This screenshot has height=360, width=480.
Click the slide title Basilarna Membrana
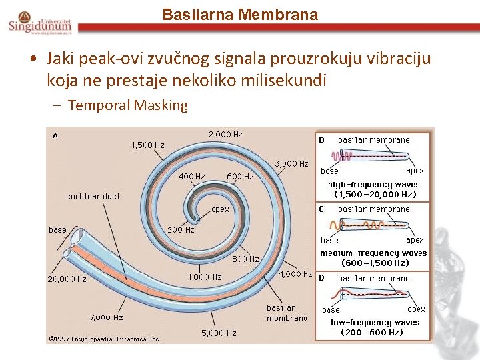tap(240, 14)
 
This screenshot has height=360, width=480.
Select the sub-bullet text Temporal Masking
tap(128, 105)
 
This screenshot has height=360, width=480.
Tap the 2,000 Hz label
tap(225, 135)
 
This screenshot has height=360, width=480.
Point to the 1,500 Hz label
tap(148, 145)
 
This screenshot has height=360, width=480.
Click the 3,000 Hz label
tap(292, 163)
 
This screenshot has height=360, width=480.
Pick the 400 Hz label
tap(191, 177)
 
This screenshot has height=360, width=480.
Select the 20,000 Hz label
tap(67, 279)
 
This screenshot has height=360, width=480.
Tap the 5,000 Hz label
tap(219, 333)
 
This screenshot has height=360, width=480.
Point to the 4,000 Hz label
tap(295, 274)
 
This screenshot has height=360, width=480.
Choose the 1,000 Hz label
tap(205, 277)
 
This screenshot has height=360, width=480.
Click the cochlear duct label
tap(93, 197)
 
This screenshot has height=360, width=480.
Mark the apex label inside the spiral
tap(220, 209)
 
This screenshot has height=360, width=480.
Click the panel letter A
tap(55, 135)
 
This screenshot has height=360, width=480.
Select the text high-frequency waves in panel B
tap(373, 185)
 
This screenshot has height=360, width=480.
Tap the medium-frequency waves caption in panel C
tap(373, 253)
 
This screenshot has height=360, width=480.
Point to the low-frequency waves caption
tap(375, 323)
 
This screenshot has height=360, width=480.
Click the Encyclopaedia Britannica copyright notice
tap(105, 339)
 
